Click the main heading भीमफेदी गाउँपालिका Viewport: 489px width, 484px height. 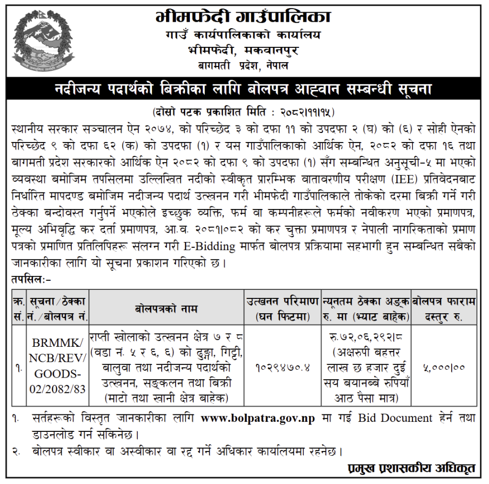pyautogui.click(x=243, y=17)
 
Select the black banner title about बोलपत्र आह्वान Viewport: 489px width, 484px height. pyautogui.click(x=244, y=88)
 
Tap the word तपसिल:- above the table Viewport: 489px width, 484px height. pyautogui.click(x=31, y=277)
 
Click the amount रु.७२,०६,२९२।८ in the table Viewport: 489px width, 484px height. pyautogui.click(x=366, y=339)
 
